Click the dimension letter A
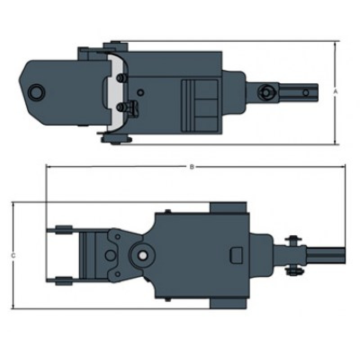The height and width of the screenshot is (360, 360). pyautogui.click(x=335, y=91)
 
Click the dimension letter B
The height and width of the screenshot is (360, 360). pyautogui.click(x=192, y=167)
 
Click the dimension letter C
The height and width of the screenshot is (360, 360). pyautogui.click(x=13, y=256)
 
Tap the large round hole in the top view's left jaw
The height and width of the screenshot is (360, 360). pyautogui.click(x=36, y=92)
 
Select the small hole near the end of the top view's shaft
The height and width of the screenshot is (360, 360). pyautogui.click(x=306, y=93)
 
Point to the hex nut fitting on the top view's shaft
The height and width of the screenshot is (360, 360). pyautogui.click(x=266, y=93)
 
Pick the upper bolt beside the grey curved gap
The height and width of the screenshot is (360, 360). pyautogui.click(x=121, y=78)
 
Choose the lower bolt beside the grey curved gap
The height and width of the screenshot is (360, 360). pyautogui.click(x=121, y=107)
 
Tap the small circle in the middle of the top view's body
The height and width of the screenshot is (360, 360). pyautogui.click(x=140, y=93)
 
